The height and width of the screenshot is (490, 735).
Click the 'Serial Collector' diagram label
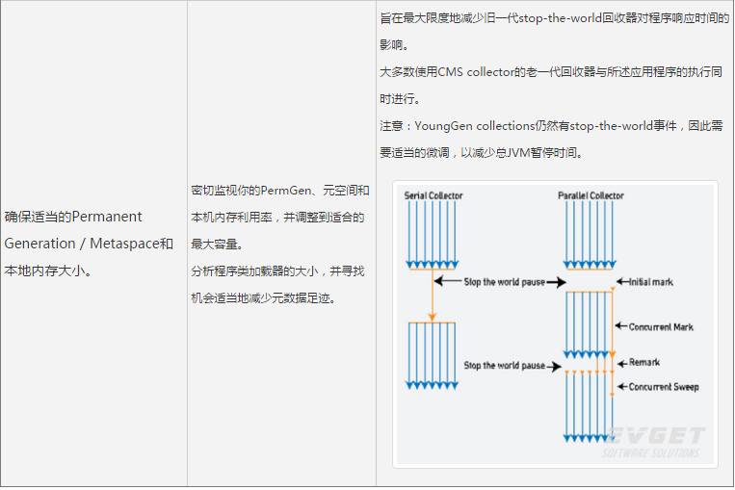pos(433,195)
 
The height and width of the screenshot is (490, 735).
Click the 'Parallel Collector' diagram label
pos(591,195)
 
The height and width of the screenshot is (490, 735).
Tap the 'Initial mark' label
pos(651,282)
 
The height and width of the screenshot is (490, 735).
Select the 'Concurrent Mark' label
pos(661,327)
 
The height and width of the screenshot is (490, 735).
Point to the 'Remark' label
pos(644,363)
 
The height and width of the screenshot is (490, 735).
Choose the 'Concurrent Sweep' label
pos(664,387)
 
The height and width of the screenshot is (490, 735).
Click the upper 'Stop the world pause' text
pos(504,282)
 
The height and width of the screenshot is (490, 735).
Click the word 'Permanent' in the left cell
pos(107,217)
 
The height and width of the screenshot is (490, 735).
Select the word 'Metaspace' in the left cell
pos(123,244)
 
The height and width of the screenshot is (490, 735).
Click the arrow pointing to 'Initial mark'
pos(621,282)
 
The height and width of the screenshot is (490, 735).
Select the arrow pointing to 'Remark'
pos(621,363)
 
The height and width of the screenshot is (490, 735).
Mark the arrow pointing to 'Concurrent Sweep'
pos(621,387)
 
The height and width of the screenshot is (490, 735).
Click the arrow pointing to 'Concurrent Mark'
pos(621,327)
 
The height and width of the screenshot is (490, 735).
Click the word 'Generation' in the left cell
pos(39,244)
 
